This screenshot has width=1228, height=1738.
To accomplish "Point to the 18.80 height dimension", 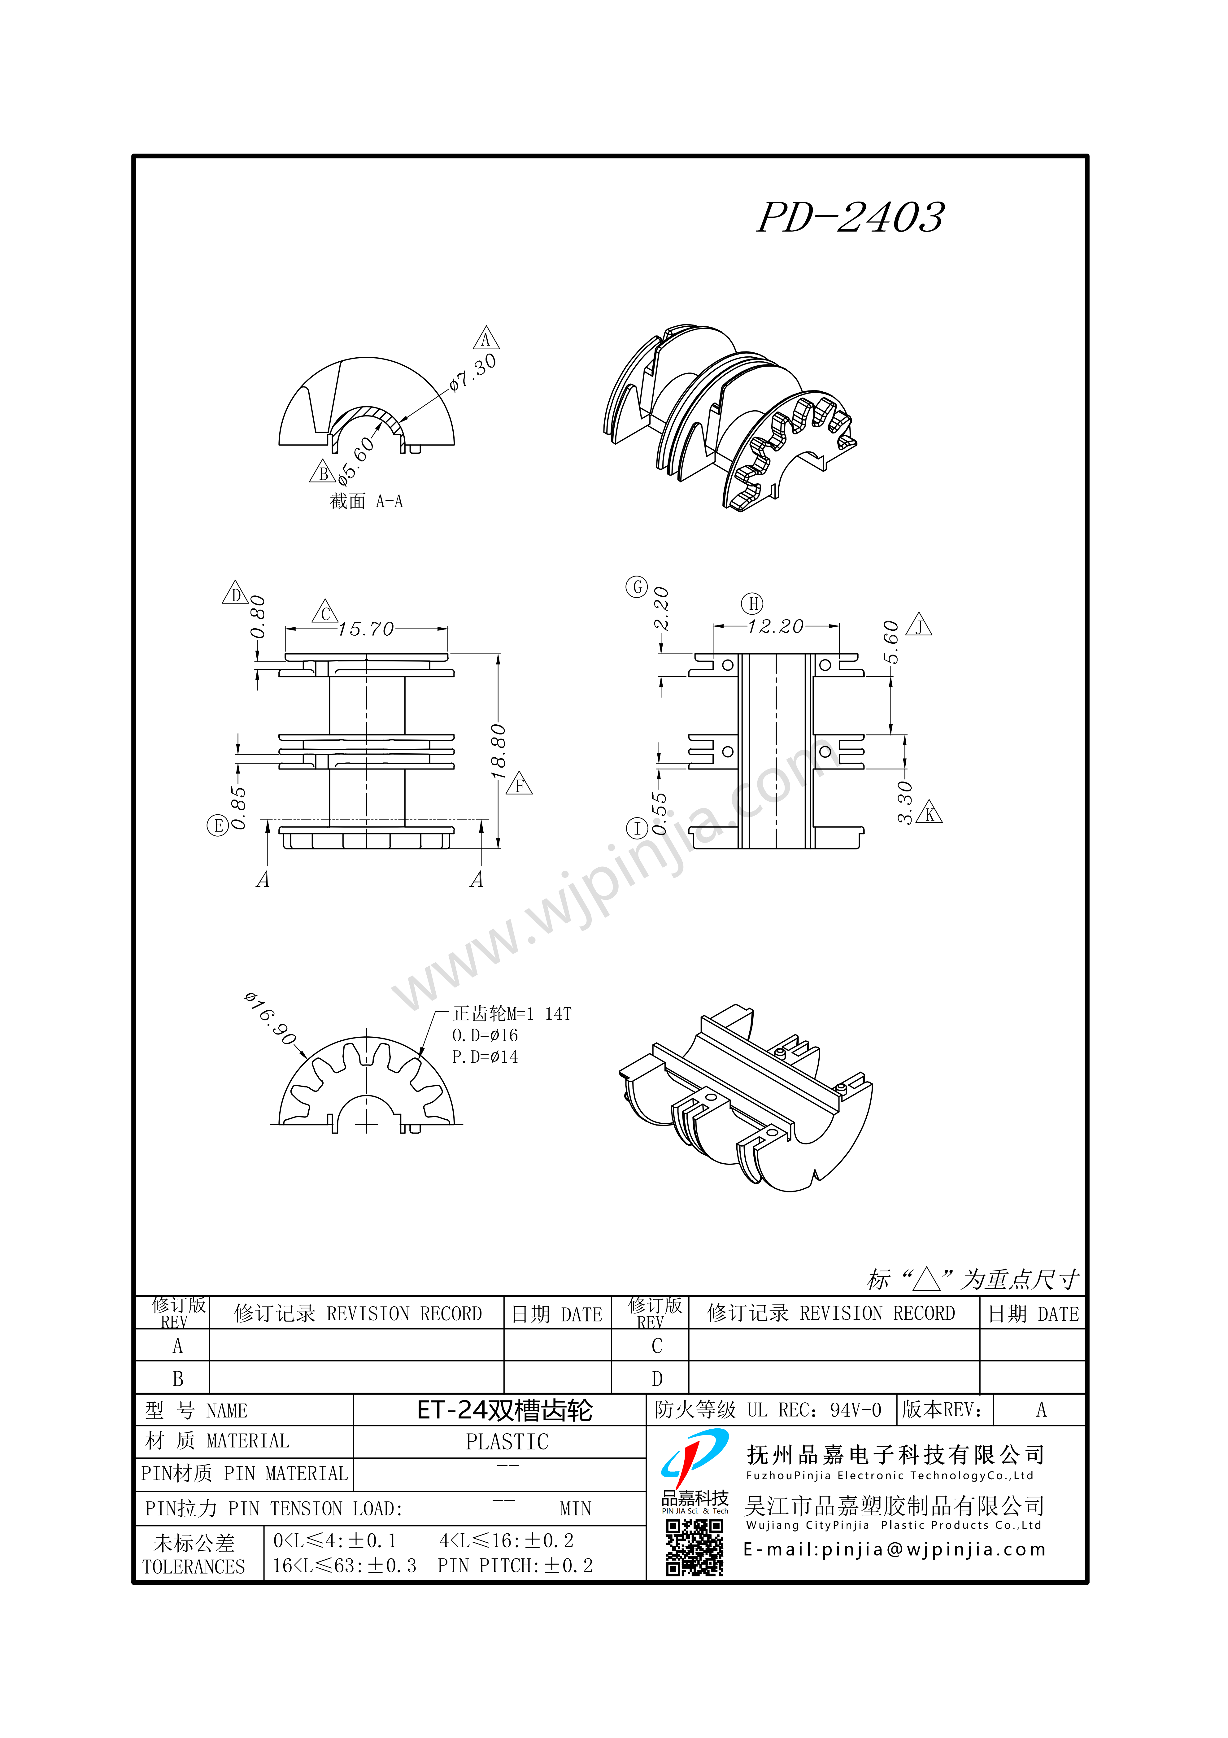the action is (x=498, y=752).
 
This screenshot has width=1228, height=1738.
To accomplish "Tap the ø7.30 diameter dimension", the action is (x=473, y=372).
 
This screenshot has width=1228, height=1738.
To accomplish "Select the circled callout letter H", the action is (x=752, y=603).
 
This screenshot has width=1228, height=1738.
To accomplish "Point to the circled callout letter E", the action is (x=218, y=825).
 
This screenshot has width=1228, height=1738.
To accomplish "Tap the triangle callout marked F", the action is (x=519, y=785).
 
